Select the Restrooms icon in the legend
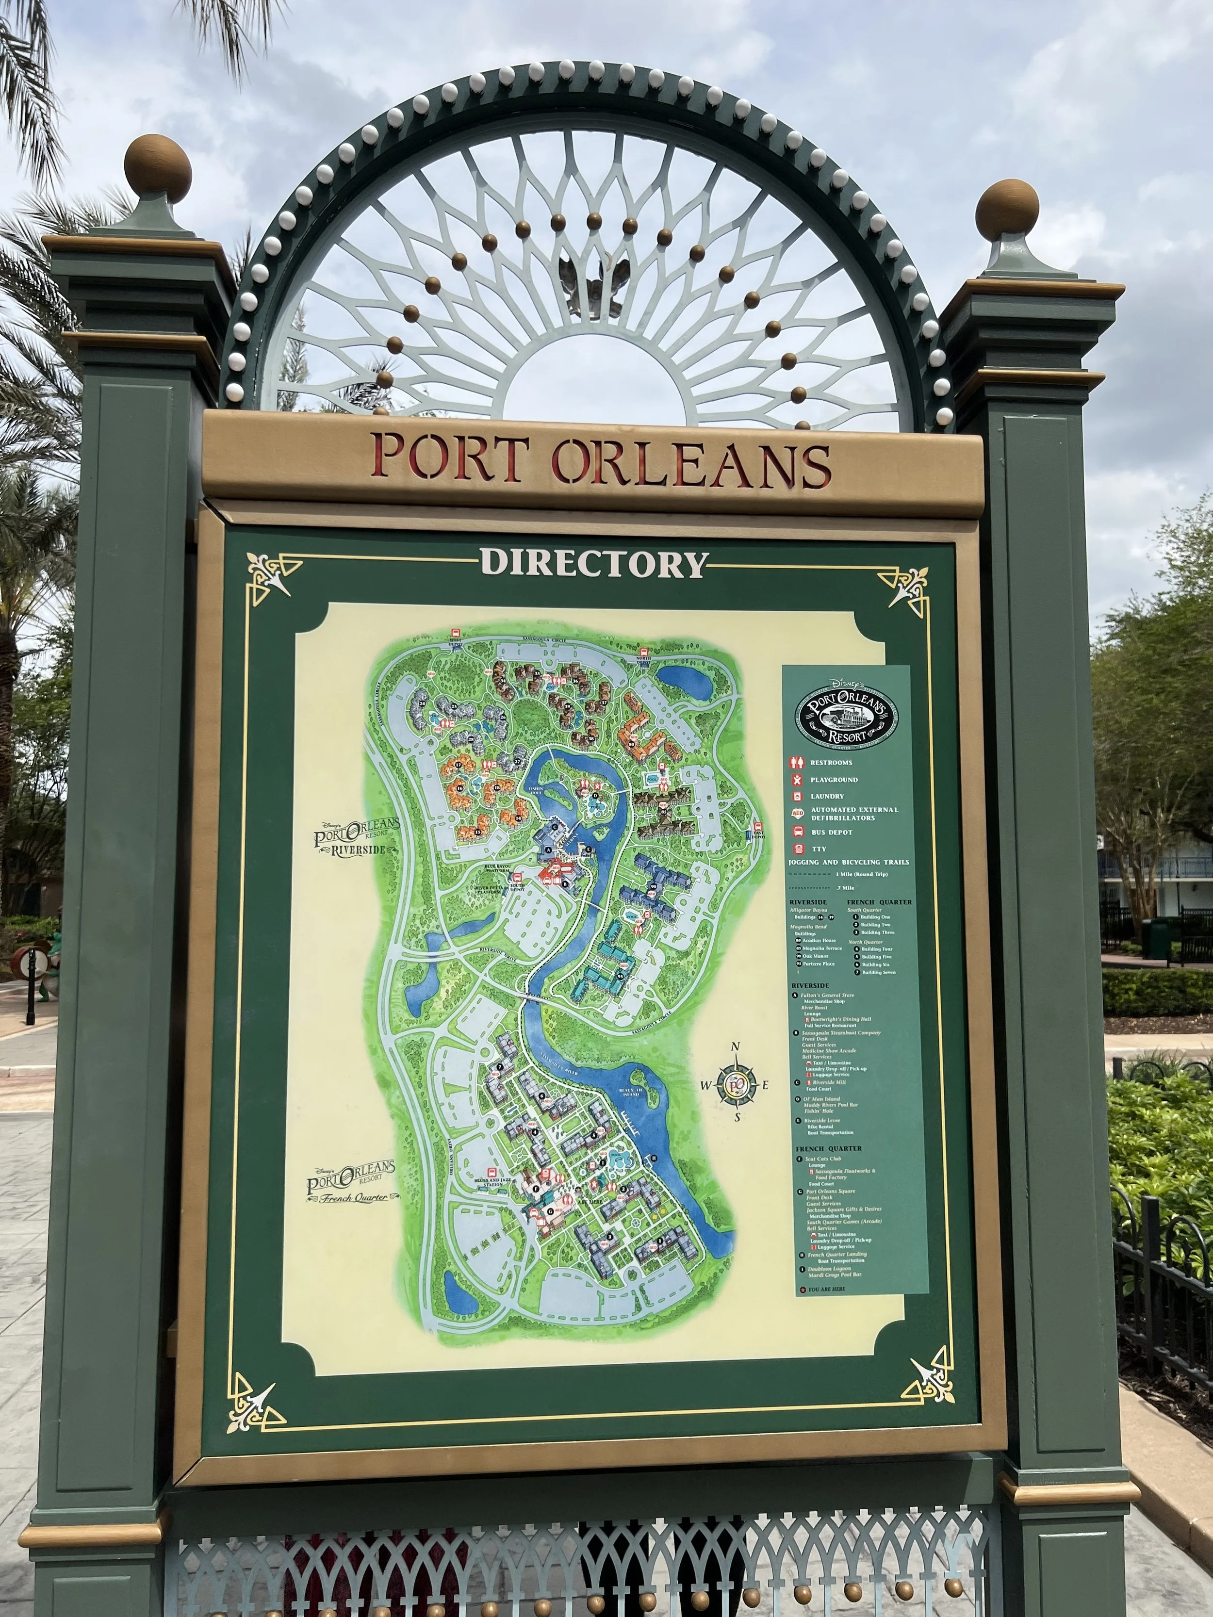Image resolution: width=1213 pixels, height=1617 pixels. [797, 762]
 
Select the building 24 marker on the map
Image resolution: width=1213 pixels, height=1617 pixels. [453, 707]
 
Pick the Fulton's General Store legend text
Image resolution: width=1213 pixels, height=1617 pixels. [828, 995]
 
